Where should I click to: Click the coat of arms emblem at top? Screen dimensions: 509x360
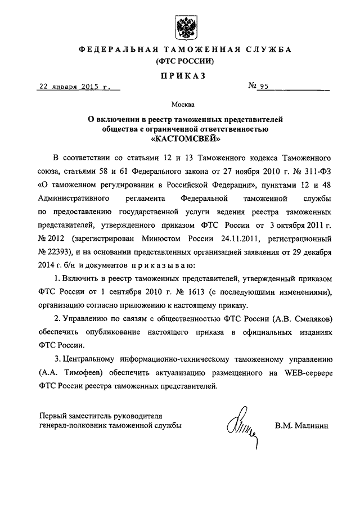click(x=184, y=25)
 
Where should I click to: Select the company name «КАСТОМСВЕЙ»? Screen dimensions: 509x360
click(x=184, y=138)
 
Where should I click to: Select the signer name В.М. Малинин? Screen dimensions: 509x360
click(x=303, y=427)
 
